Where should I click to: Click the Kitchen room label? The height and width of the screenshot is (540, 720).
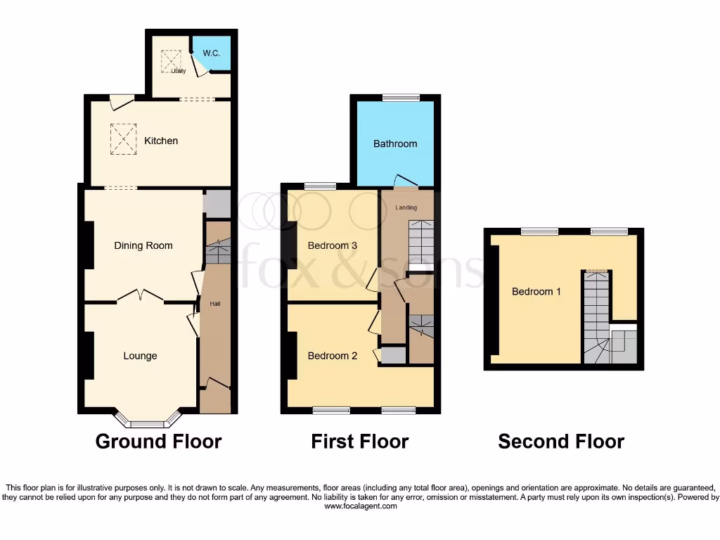(161, 141)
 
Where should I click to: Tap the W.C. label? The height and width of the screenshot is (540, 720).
(212, 53)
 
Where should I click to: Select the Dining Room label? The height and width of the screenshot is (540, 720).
(143, 245)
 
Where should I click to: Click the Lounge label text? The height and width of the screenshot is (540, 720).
(140, 356)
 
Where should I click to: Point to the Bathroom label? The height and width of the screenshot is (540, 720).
(394, 143)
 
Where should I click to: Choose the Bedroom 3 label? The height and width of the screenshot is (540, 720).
(333, 245)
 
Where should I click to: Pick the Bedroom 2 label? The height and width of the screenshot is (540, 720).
(333, 356)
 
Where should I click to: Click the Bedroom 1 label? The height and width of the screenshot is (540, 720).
(536, 291)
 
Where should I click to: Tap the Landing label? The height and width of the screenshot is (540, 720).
(406, 207)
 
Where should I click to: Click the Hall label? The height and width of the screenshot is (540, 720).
(215, 304)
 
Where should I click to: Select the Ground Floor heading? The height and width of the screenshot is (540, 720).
(158, 442)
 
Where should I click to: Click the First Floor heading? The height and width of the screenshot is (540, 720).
(359, 442)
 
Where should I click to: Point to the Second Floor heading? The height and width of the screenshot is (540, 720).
(560, 442)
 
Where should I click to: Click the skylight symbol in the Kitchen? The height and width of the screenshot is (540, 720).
(123, 138)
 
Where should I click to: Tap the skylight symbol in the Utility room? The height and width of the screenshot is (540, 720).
(171, 61)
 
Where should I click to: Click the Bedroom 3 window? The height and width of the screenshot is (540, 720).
(320, 186)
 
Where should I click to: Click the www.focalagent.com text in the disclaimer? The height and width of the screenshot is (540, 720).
(360, 506)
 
